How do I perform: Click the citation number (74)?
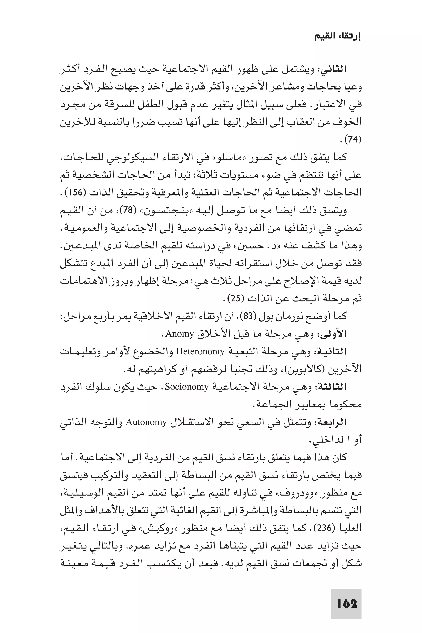(352, 139)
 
